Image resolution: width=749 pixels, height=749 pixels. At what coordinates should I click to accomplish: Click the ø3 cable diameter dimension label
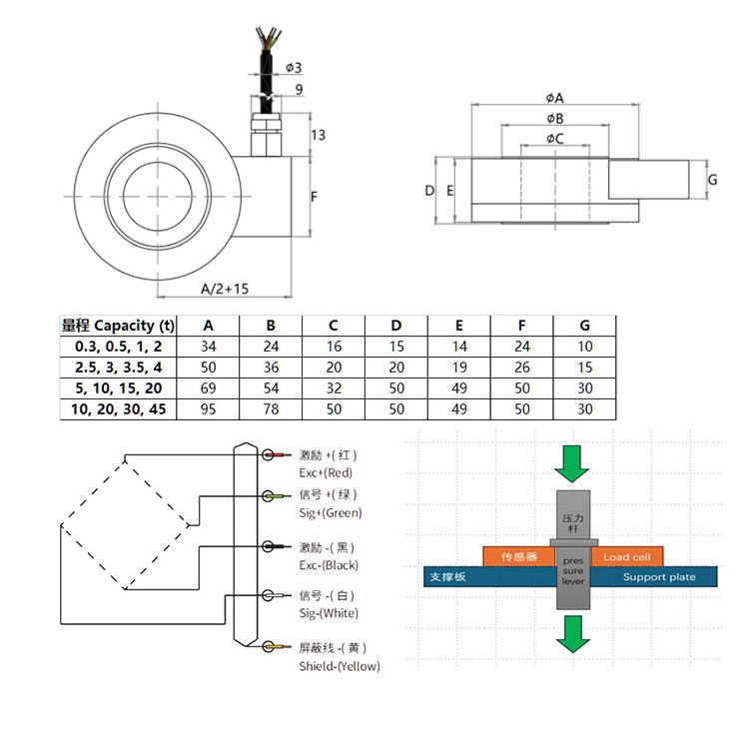(294, 68)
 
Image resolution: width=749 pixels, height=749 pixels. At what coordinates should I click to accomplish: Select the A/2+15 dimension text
(224, 289)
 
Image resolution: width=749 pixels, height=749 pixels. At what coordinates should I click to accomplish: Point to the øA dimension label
(555, 98)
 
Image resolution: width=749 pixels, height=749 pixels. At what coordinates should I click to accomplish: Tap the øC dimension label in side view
(555, 139)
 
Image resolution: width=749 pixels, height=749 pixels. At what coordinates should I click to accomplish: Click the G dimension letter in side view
(712, 180)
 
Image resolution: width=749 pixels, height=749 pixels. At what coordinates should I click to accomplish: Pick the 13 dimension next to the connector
(318, 136)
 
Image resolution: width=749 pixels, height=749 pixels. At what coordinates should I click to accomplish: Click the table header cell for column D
(396, 326)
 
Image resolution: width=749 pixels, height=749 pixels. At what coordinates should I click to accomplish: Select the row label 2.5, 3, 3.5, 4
(117, 367)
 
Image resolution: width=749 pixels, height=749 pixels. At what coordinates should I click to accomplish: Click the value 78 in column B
(271, 407)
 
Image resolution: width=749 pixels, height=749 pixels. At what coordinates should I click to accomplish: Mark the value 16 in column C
(334, 347)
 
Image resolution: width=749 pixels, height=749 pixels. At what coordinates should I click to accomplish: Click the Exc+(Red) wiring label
(327, 472)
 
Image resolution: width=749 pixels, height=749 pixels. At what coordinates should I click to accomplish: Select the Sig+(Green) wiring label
(331, 513)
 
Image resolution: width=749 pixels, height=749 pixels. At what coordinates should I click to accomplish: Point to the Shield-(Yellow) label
(340, 666)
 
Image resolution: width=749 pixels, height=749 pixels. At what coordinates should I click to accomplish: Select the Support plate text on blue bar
(659, 577)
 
